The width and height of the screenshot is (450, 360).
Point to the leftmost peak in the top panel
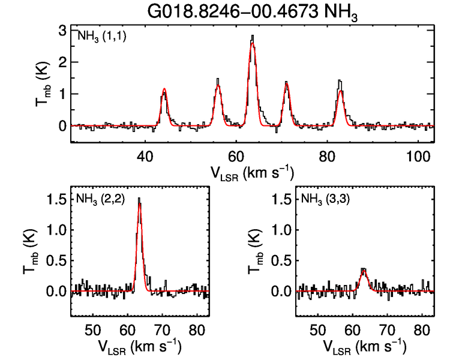164,89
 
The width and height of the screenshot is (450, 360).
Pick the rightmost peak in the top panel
340,81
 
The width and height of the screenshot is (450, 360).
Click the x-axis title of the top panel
251,173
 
